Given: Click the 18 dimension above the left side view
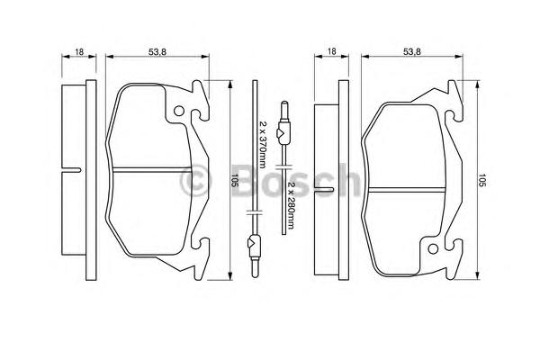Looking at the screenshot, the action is [79, 51].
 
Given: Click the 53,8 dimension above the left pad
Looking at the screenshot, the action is [157, 51].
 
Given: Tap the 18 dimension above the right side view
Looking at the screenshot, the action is [331, 51].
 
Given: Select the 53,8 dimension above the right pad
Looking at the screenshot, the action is [412, 51].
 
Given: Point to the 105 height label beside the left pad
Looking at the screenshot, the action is [235, 180].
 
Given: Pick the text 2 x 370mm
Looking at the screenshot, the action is [263, 145].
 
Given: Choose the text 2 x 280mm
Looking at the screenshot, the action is [291, 204].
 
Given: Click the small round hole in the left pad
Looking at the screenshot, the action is [179, 111].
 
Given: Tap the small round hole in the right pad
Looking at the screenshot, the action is [433, 248].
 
